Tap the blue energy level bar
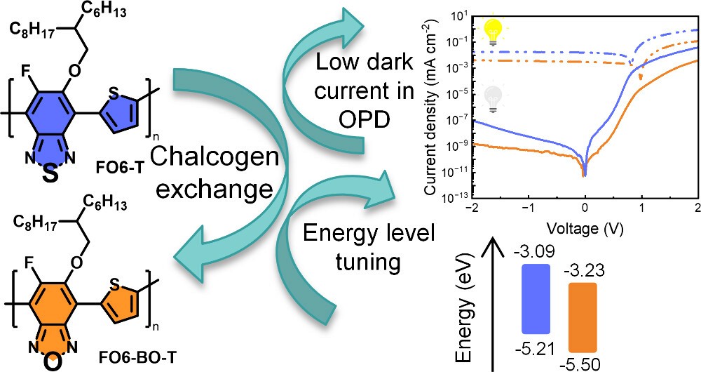pos(536,298)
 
